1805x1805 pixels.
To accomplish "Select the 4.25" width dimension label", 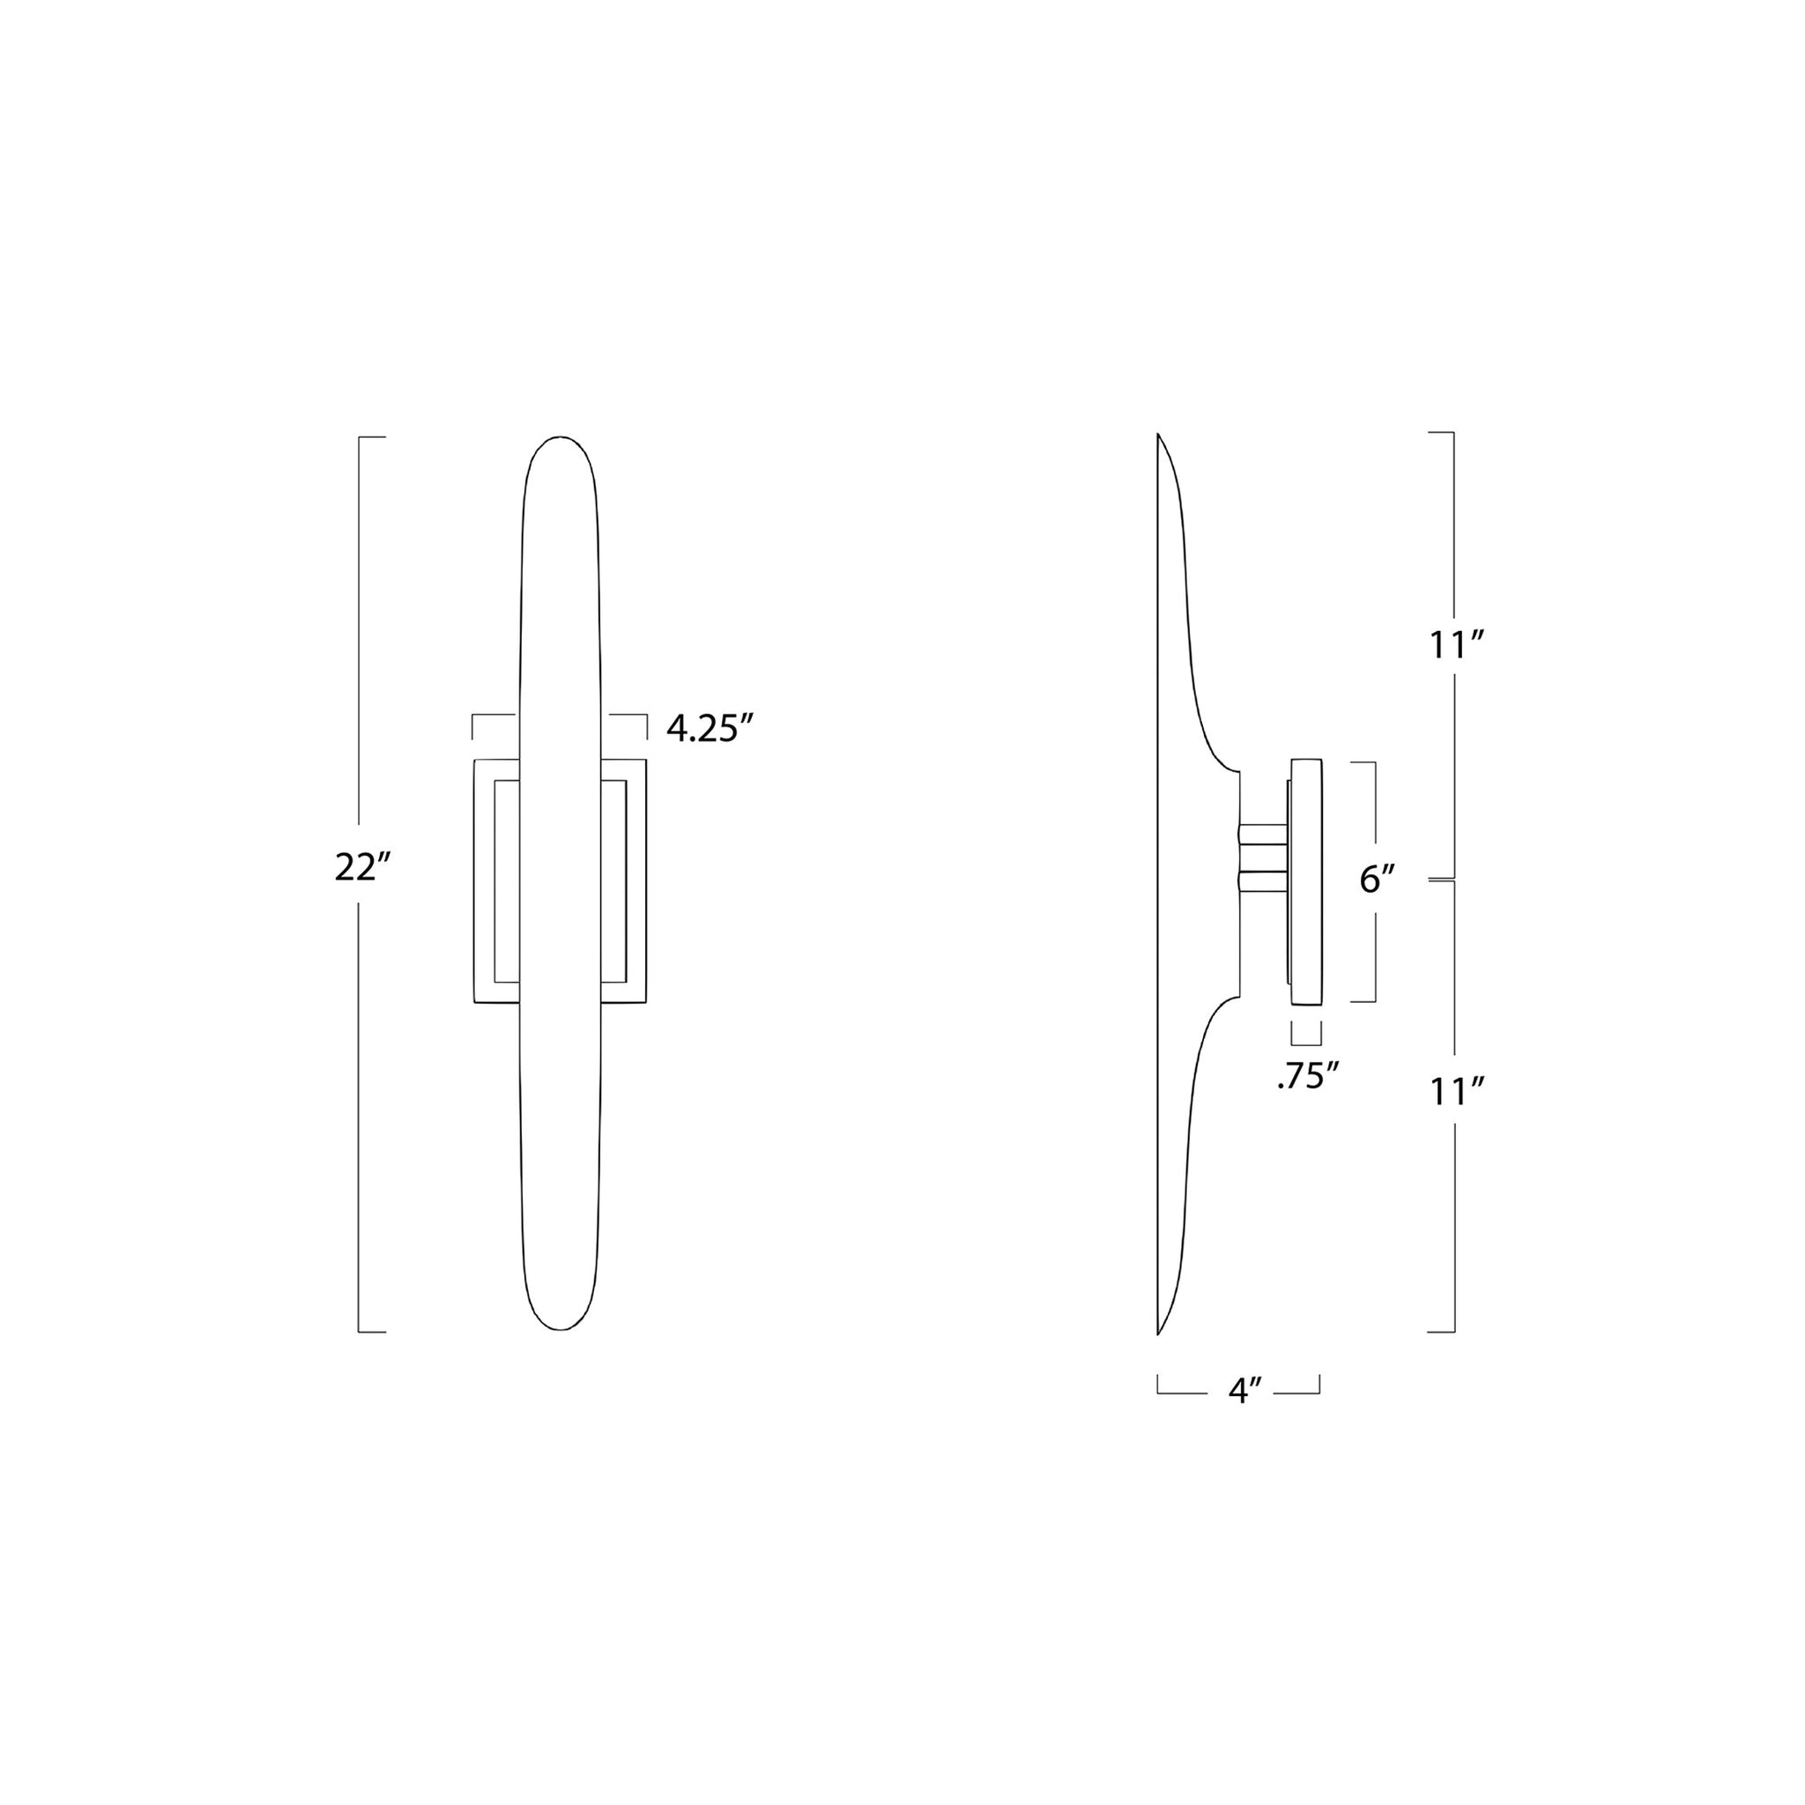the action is [710, 728].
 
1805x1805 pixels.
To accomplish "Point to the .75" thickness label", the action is [1308, 1078].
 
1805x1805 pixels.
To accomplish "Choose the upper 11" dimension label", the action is [1457, 645].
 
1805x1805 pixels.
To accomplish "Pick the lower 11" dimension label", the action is [1457, 1091].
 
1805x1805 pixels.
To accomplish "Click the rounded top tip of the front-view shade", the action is [559, 437].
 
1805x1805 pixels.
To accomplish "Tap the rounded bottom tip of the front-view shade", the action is [559, 1328].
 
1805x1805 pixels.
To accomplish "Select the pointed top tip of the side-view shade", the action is [1158, 435].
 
